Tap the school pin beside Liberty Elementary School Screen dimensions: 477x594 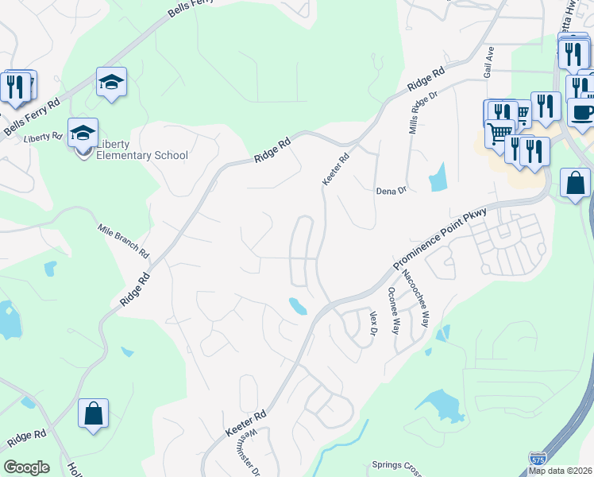click(83, 134)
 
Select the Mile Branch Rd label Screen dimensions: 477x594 click(124, 240)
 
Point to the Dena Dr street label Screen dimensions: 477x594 click(391, 192)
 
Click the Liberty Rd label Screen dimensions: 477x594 click(43, 138)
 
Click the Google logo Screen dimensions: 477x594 click(26, 467)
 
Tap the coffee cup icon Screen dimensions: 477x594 click(581, 112)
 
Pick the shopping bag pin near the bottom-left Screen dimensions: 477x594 click(94, 415)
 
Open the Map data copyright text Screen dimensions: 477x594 click(561, 471)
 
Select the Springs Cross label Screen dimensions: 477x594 click(397, 465)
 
